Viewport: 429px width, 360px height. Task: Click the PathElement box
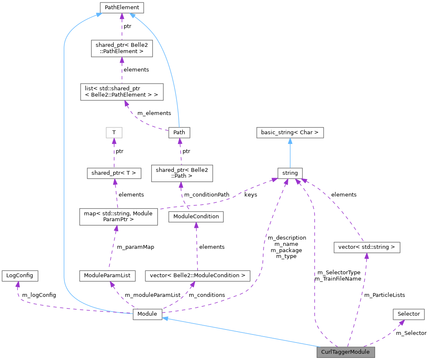[122, 8]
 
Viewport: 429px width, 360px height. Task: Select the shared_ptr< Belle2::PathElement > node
[122, 49]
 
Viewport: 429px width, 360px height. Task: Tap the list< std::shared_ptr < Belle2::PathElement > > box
[122, 92]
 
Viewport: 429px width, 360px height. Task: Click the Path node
[179, 133]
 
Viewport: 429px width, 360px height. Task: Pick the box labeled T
[114, 133]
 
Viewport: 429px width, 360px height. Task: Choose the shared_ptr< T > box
[114, 173]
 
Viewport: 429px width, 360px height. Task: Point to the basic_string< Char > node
[290, 133]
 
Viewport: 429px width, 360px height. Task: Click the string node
[290, 173]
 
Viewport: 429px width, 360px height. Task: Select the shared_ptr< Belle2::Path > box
[182, 173]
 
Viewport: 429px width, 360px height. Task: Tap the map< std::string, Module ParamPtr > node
[119, 217]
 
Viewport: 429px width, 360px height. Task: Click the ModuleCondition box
[196, 217]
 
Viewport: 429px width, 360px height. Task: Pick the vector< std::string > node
[366, 247]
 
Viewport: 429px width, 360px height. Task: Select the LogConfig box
[20, 276]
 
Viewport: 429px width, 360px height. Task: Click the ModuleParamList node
[107, 276]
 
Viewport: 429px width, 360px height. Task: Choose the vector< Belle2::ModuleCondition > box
[197, 276]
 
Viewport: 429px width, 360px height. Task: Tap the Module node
[147, 314]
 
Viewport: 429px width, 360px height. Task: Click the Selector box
[409, 314]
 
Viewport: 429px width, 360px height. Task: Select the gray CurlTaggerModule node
[345, 352]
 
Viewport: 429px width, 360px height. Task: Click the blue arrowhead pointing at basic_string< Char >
[290, 141]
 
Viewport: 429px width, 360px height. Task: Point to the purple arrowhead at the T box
[114, 141]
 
